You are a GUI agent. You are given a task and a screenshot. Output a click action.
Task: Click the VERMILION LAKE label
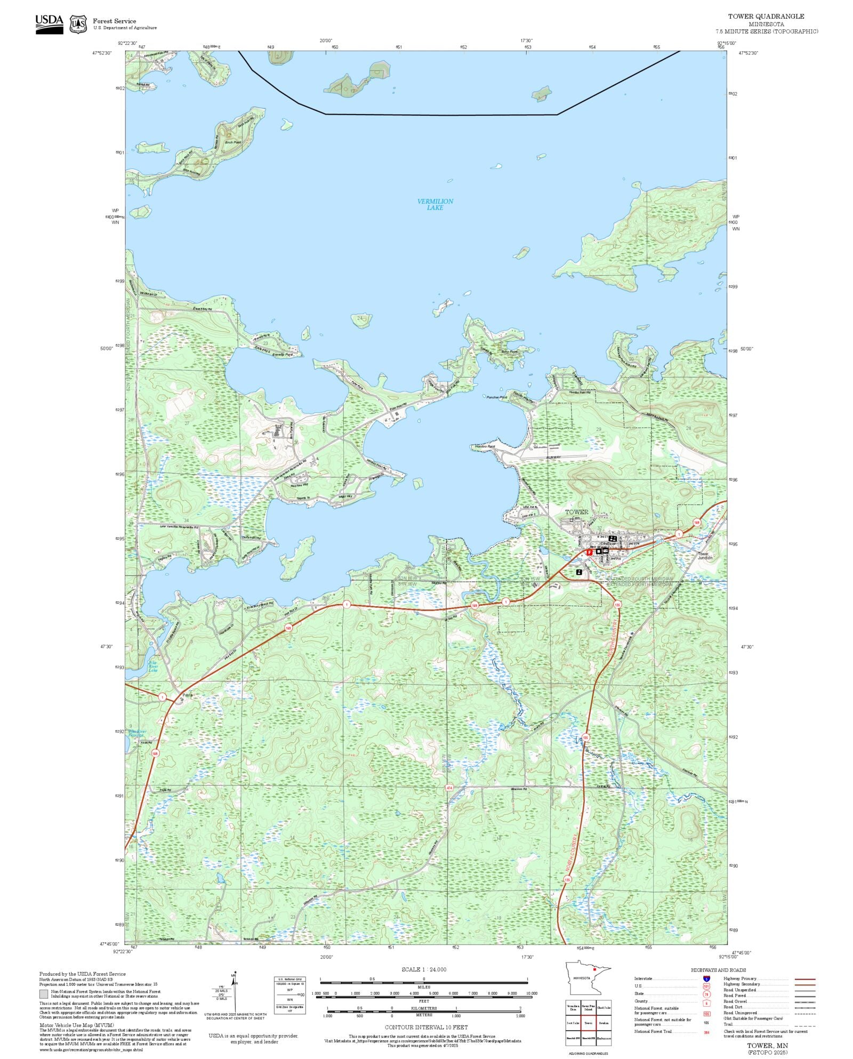pos(434,204)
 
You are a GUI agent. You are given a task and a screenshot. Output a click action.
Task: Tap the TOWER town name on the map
pos(576,512)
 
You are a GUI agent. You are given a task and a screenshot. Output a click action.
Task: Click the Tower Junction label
pos(704,556)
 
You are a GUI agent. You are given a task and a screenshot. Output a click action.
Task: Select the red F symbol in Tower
pos(589,552)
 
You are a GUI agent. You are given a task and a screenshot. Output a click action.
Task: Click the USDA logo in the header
pos(49,24)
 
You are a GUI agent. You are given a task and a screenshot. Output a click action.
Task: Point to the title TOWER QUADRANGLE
pos(766,17)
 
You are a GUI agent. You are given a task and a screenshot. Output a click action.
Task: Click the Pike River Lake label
pos(153,667)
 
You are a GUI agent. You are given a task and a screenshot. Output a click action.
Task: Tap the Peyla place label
pos(187,695)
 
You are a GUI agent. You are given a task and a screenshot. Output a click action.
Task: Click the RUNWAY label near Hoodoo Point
pos(553,458)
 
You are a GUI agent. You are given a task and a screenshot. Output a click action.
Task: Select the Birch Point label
pos(233,142)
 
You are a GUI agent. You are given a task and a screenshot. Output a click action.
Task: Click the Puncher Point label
pos(496,397)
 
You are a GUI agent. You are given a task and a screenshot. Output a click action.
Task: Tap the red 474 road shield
pos(449,788)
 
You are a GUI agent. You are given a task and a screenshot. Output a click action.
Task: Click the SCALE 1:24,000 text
pos(424,969)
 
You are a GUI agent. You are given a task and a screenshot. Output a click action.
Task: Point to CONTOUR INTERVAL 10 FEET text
pos(426,1027)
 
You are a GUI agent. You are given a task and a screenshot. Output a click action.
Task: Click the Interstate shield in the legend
pos(706,979)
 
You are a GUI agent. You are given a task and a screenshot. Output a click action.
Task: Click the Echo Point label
pos(509,352)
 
